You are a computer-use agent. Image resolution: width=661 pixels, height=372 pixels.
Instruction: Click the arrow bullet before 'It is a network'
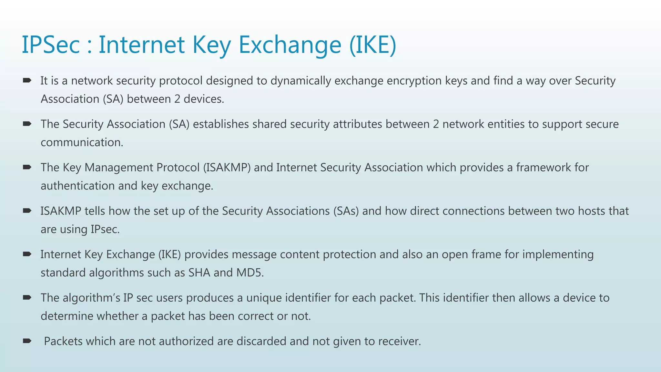27,80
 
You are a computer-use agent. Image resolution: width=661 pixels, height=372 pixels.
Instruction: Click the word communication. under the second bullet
82,142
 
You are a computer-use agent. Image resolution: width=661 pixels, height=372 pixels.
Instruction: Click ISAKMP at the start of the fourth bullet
61,211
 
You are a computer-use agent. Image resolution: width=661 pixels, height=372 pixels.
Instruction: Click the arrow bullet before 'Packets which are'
27,341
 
